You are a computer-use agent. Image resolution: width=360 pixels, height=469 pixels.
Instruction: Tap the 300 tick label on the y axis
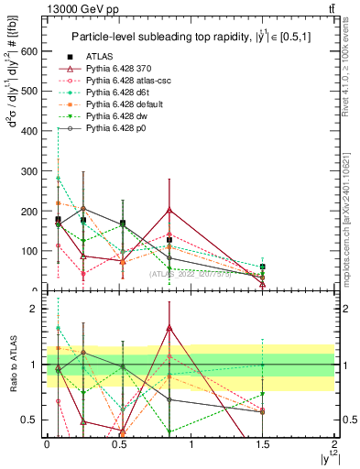coord(29,171)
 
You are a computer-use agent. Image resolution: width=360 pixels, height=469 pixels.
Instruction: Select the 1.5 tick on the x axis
coord(263,444)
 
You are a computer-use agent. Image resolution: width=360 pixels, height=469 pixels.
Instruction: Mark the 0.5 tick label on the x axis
coord(118,444)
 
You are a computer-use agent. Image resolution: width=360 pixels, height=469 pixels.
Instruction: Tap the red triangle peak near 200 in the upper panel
coord(169,210)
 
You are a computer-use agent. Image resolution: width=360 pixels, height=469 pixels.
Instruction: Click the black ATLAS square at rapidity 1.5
coord(263,267)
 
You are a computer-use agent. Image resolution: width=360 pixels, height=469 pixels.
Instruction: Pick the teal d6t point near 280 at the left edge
coord(58,178)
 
